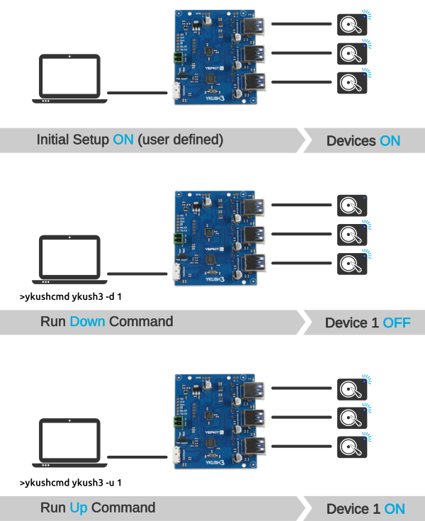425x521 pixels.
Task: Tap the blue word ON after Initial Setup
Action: [123, 140]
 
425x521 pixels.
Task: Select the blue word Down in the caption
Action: [87, 321]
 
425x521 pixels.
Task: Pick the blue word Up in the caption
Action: [79, 508]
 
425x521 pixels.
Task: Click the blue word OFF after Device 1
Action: [397, 323]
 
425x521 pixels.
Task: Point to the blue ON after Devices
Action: [390, 140]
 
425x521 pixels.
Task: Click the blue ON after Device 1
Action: [395, 508]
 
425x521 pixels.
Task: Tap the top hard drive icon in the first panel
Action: [352, 24]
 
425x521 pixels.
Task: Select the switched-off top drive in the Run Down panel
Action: [352, 206]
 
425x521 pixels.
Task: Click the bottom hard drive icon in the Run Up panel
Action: [352, 447]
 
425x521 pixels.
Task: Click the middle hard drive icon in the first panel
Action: [352, 53]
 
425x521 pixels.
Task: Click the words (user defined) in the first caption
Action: [180, 140]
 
